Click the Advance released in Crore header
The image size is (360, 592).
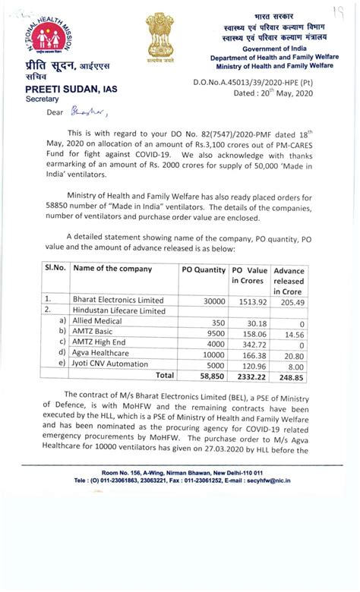tap(289, 281)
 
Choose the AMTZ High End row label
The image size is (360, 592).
tap(100, 344)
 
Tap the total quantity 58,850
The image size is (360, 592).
tap(210, 376)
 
